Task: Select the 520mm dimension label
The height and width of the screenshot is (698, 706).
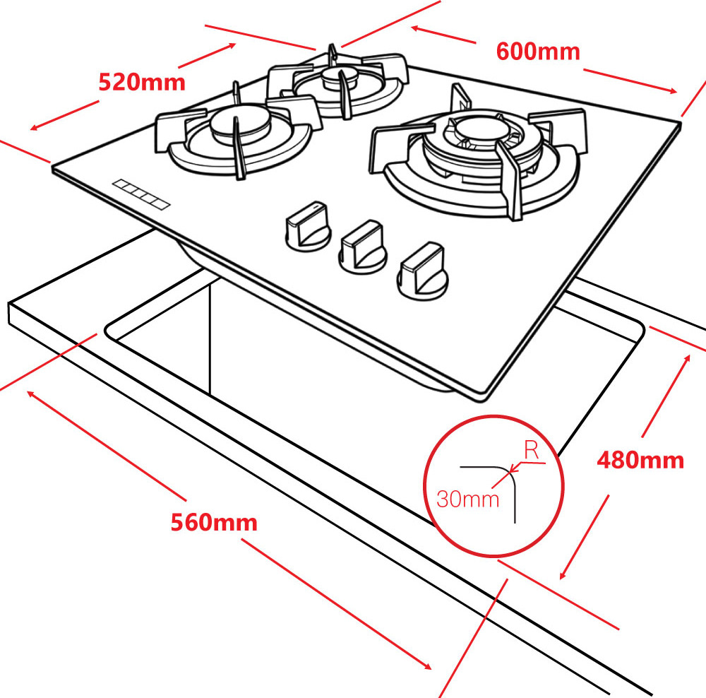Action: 141,82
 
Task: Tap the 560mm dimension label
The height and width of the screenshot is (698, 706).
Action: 214,523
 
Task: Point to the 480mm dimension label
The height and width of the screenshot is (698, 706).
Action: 640,460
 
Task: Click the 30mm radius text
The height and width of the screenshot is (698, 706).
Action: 468,499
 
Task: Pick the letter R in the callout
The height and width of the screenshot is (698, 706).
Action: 532,451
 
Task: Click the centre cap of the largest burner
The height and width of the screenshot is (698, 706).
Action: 477,129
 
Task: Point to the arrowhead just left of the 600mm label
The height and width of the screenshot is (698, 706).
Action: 415,29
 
